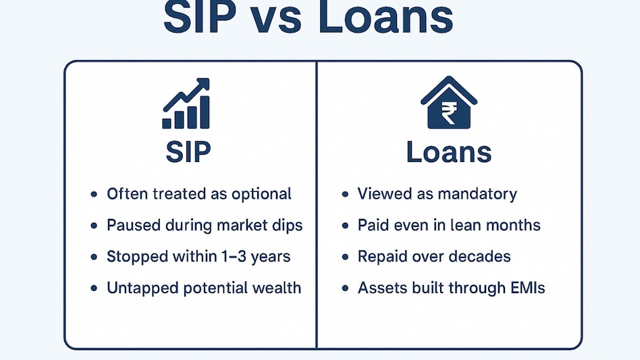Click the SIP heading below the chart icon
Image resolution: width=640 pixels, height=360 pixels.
click(x=188, y=152)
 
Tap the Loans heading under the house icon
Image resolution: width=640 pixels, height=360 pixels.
click(x=449, y=152)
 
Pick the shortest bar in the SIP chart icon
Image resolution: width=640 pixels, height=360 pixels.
click(x=167, y=123)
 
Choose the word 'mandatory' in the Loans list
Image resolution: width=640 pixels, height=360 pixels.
click(x=477, y=194)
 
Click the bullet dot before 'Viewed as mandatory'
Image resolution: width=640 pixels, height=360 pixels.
click(x=345, y=195)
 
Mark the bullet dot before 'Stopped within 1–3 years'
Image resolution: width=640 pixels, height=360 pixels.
click(x=94, y=257)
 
